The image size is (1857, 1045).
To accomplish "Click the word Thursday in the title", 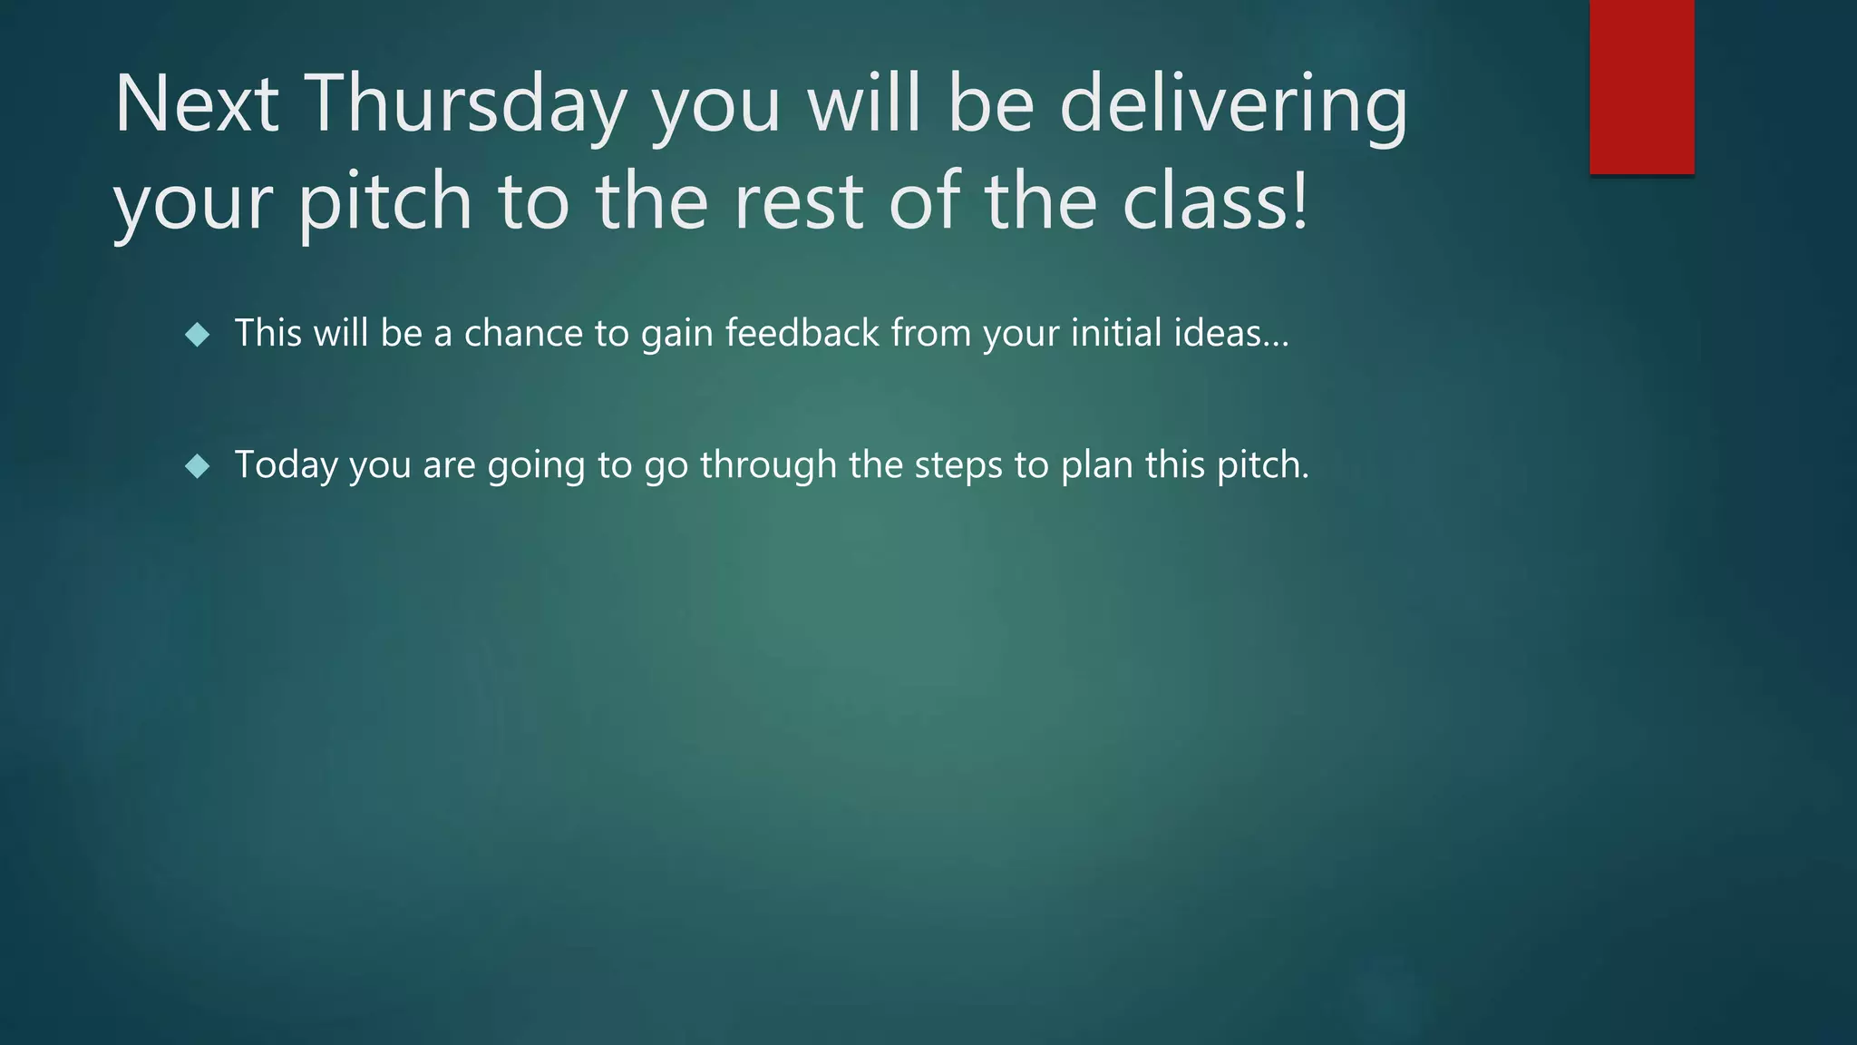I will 464,104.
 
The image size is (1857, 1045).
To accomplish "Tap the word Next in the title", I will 196,104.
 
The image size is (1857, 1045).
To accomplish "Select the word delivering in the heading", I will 1233,104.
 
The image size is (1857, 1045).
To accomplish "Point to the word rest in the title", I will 798,200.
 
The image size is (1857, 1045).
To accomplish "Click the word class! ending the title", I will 1215,200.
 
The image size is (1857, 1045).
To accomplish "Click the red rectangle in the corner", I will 1641,86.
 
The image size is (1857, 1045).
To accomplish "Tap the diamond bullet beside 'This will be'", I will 197,336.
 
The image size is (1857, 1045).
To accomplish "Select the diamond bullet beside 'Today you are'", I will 197,467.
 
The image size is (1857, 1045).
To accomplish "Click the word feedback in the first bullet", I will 802,333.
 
